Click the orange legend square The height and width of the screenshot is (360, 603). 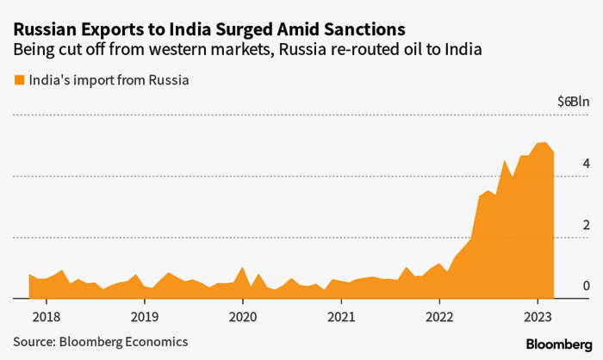[x=19, y=81]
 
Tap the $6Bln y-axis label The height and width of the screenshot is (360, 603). [x=572, y=102]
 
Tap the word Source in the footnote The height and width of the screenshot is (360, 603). [x=33, y=341]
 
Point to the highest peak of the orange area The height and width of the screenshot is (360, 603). [x=544, y=144]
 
